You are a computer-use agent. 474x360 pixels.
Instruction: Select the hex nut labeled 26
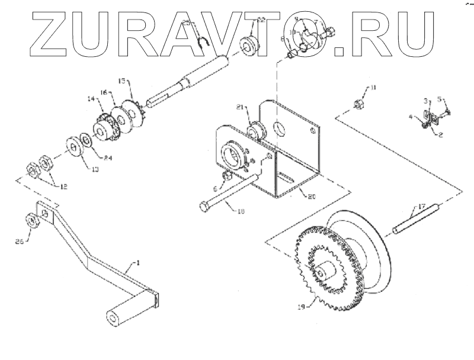point(33,220)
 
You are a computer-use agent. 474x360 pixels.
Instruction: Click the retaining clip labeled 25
point(203,40)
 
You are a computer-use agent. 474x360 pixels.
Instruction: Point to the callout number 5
point(440,98)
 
